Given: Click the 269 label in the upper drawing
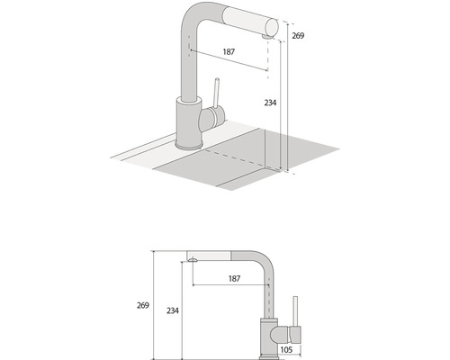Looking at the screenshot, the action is pyautogui.click(x=298, y=36).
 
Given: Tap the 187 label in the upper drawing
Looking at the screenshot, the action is pyautogui.click(x=229, y=52).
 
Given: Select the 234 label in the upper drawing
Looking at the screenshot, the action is pyautogui.click(x=270, y=103).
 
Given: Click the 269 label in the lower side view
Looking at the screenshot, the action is pyautogui.click(x=143, y=305).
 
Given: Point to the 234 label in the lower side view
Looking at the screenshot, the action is pyautogui.click(x=173, y=310).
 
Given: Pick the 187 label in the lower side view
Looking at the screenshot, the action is pyautogui.click(x=234, y=279).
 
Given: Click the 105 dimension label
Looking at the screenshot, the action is pyautogui.click(x=286, y=349).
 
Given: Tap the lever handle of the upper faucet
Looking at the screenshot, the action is pyautogui.click(x=216, y=93).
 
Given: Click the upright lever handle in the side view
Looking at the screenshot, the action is pyautogui.click(x=295, y=311).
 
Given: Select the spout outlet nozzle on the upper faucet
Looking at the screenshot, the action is pyautogui.click(x=266, y=37).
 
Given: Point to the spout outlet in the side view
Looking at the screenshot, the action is pyautogui.click(x=193, y=260).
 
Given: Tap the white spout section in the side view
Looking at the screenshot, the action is pyautogui.click(x=209, y=256).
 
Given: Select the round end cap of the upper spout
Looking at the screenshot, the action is pyautogui.click(x=272, y=28).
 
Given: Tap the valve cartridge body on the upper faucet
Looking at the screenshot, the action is pyautogui.click(x=212, y=117).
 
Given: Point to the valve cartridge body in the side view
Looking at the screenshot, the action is pyautogui.click(x=285, y=335).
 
